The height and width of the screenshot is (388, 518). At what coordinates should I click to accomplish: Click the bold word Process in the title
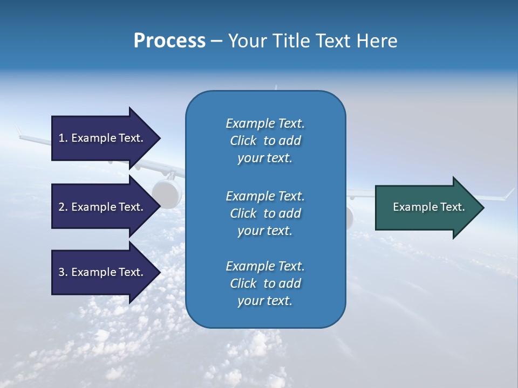click(x=169, y=41)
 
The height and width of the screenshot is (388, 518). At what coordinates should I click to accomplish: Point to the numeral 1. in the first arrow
click(x=63, y=138)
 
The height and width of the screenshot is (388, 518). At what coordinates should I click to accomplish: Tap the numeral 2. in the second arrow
click(x=63, y=207)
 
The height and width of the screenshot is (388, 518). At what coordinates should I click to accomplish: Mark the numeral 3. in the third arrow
click(x=63, y=272)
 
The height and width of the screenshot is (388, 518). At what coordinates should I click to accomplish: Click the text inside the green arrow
click(x=429, y=207)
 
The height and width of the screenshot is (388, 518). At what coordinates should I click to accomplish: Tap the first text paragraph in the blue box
click(x=265, y=141)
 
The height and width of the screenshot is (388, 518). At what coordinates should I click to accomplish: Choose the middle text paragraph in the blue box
click(x=265, y=213)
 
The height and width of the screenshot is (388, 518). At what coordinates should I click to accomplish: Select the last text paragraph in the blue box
click(x=265, y=283)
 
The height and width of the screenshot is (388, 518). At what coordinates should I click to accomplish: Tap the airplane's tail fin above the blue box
click(x=276, y=87)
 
